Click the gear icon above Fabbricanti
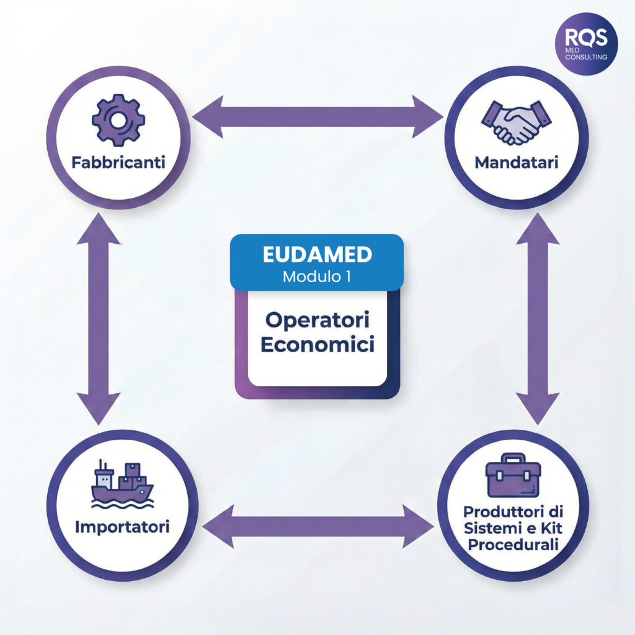point(118,120)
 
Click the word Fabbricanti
point(117,164)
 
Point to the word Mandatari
point(516,162)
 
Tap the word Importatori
point(122,528)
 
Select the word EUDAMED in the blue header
point(317,255)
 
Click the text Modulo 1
point(317,277)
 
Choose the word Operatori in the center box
point(317,321)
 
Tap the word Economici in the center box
point(317,345)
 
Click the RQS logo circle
point(586,44)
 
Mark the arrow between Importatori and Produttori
point(317,526)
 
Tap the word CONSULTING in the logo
point(586,57)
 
